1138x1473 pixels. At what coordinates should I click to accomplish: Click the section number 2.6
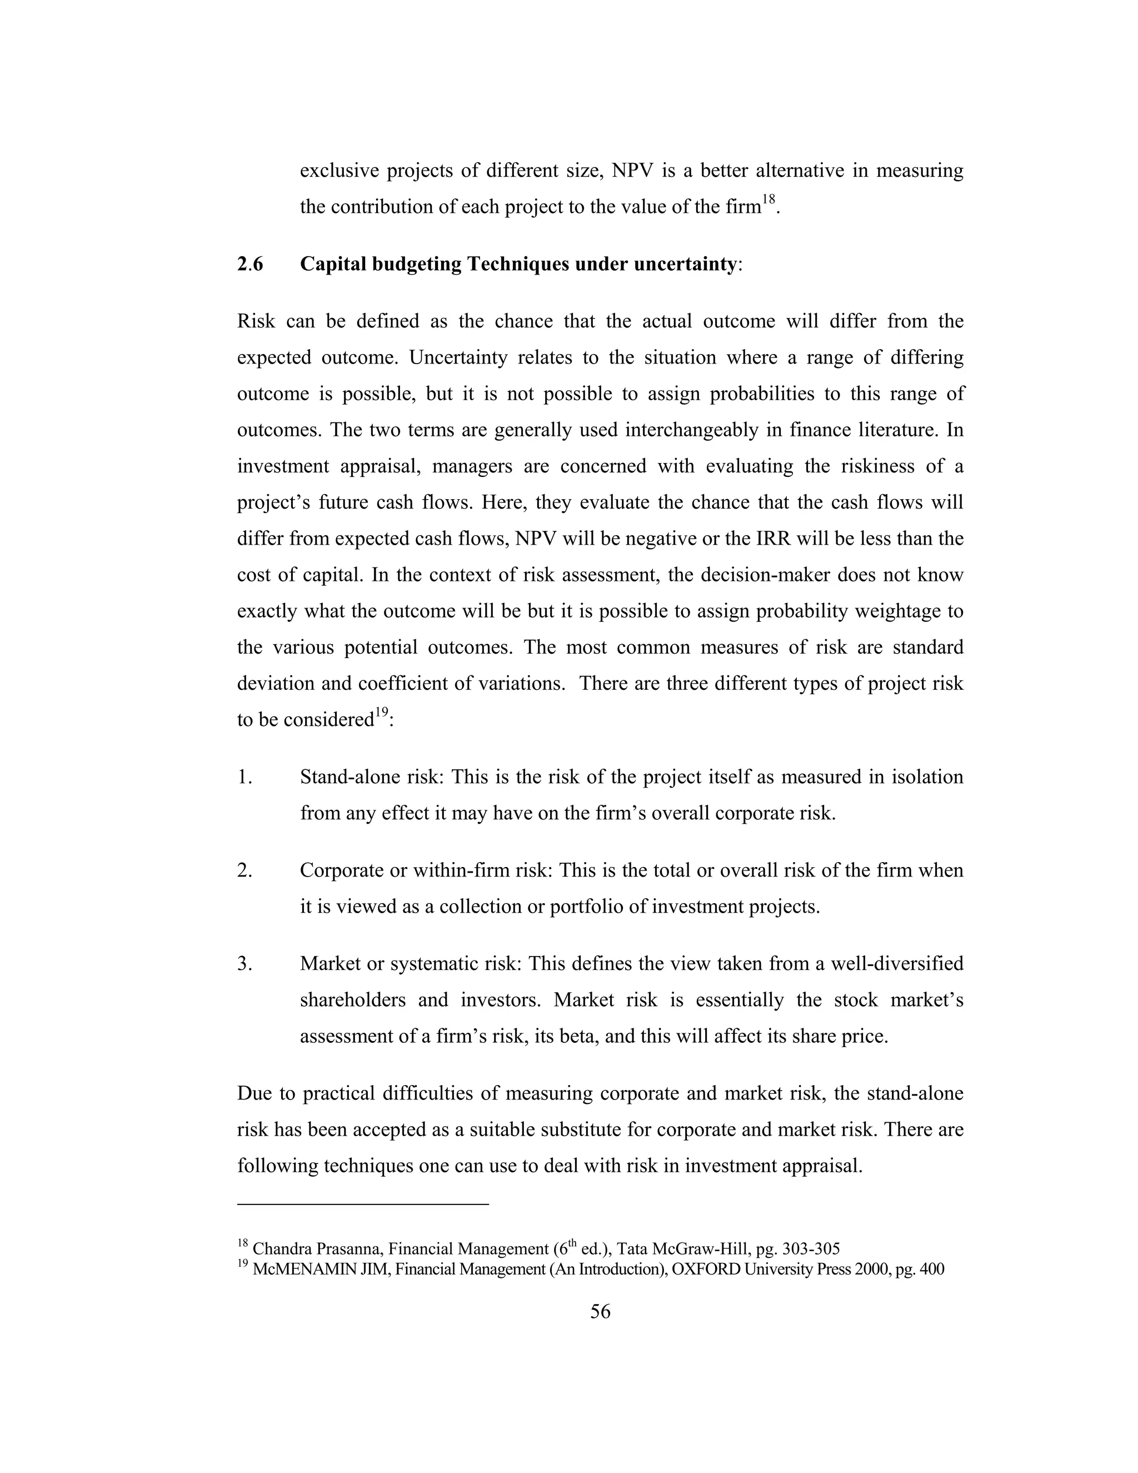[x=250, y=263]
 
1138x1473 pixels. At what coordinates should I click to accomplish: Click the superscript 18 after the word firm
[x=769, y=200]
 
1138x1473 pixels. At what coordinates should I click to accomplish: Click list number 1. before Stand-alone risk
[x=244, y=777]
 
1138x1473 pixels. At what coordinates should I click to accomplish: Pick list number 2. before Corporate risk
[x=244, y=870]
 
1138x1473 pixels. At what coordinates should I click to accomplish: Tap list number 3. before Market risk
[x=244, y=963]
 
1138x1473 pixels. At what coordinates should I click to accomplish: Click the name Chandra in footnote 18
[x=278, y=1248]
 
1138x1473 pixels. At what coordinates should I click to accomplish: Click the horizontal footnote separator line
[x=362, y=1203]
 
